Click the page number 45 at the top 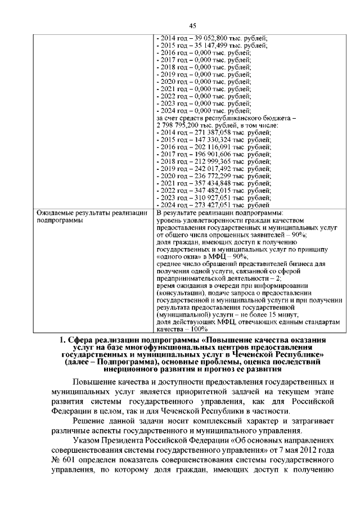pos(191,26)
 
